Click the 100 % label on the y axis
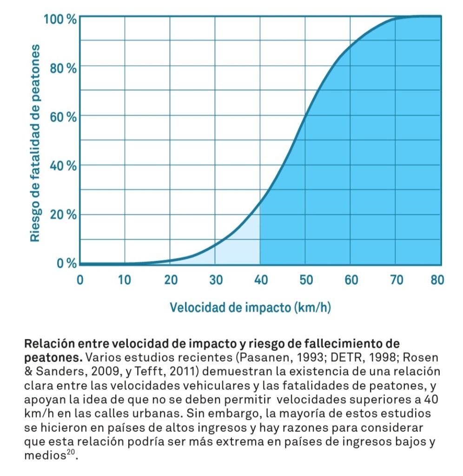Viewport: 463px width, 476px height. click(60, 20)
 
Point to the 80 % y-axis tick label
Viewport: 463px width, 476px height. click(63, 69)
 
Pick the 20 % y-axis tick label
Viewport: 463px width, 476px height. click(63, 215)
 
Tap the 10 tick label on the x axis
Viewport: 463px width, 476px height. click(125, 280)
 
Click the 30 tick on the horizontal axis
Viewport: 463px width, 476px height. click(215, 280)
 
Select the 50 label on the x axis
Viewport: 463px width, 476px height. click(305, 280)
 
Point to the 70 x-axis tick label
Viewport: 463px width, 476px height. click(396, 280)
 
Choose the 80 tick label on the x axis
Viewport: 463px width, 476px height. click(439, 280)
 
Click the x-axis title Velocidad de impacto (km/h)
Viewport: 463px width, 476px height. click(250, 308)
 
